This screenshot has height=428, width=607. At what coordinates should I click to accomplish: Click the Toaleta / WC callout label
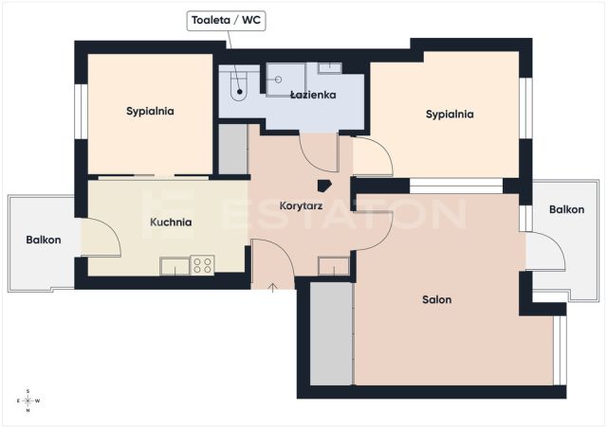pyautogui.click(x=226, y=21)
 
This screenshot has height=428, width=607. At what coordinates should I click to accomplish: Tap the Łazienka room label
pyautogui.click(x=313, y=95)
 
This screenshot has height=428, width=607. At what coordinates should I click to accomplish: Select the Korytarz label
pyautogui.click(x=302, y=206)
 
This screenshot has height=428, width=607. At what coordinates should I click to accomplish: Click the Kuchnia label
pyautogui.click(x=171, y=223)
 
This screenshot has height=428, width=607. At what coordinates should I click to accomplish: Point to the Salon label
pyautogui.click(x=436, y=299)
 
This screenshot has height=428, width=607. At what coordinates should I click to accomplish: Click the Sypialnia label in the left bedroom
pyautogui.click(x=150, y=112)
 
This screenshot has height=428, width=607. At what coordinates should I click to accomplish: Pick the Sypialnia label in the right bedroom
pyautogui.click(x=450, y=115)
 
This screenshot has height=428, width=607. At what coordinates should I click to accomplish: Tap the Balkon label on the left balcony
pyautogui.click(x=44, y=240)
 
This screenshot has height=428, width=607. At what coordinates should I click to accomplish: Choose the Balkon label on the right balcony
pyautogui.click(x=567, y=209)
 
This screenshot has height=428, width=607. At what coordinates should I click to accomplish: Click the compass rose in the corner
pyautogui.click(x=28, y=401)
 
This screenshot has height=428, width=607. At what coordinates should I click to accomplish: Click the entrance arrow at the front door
pyautogui.click(x=273, y=287)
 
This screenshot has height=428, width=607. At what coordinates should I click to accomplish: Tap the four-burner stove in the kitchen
pyautogui.click(x=202, y=265)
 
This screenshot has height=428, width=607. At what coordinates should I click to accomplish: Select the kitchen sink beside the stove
pyautogui.click(x=175, y=266)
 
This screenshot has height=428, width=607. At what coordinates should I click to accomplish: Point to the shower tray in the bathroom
pyautogui.click(x=285, y=80)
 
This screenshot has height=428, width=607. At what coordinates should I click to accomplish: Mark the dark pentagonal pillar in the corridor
pyautogui.click(x=324, y=186)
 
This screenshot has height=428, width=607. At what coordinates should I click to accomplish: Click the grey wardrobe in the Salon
pyautogui.click(x=332, y=333)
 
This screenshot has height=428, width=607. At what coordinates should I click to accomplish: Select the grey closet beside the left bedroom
pyautogui.click(x=233, y=150)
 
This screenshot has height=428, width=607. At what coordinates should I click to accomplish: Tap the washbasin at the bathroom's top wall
pyautogui.click(x=330, y=68)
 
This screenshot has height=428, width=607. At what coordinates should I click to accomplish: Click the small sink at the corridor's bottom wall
pyautogui.click(x=333, y=266)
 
